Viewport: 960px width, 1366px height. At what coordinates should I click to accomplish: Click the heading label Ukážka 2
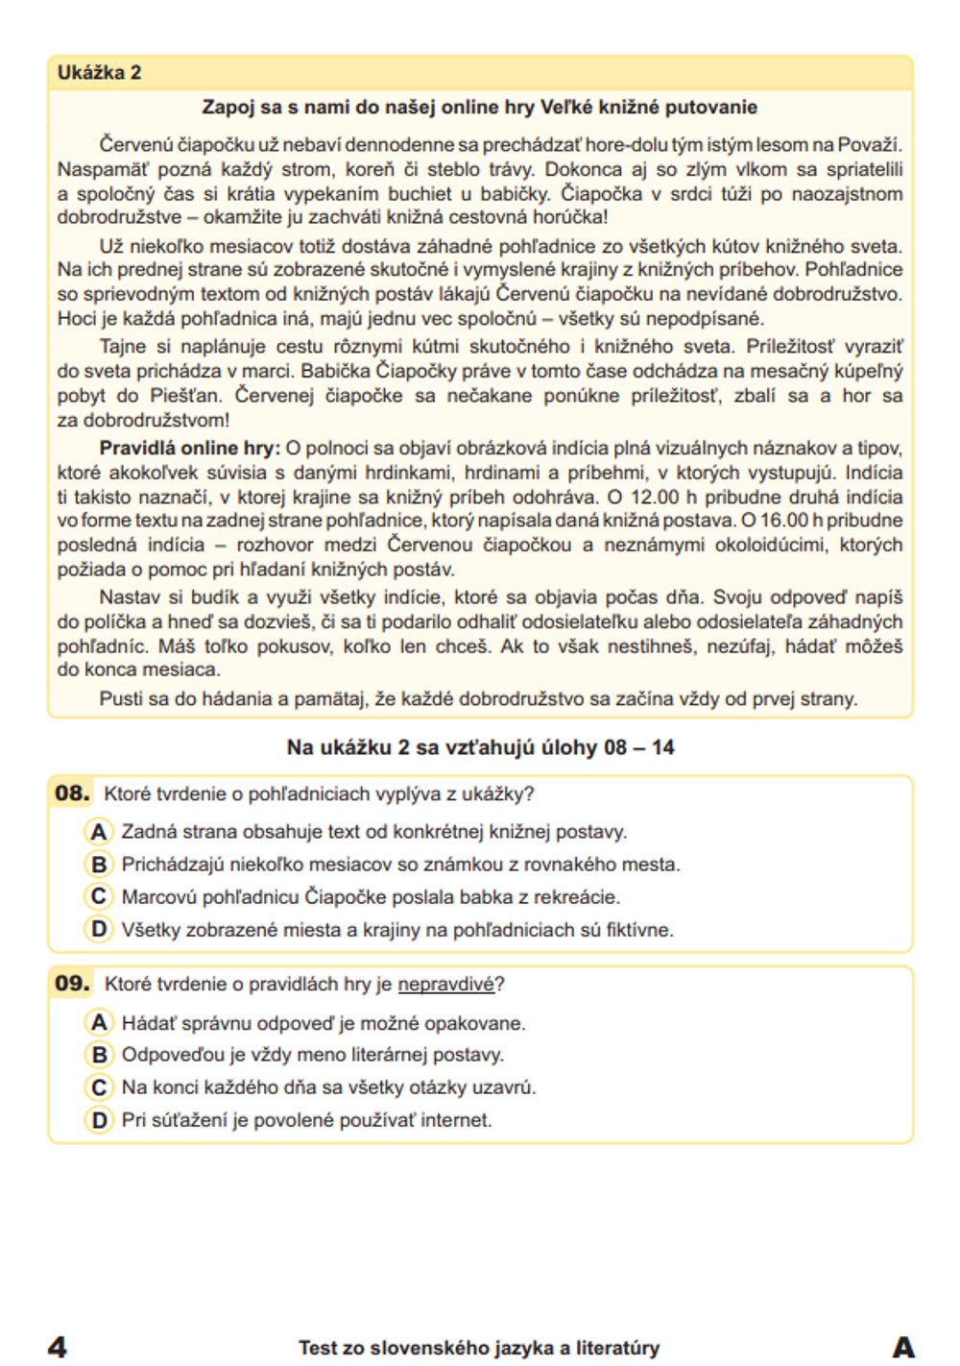pyautogui.click(x=99, y=72)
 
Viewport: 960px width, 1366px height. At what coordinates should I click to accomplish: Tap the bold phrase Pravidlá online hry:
pyautogui.click(x=189, y=448)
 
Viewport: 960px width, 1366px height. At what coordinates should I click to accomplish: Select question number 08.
pyautogui.click(x=72, y=793)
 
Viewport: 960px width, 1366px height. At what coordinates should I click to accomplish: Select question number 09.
pyautogui.click(x=72, y=984)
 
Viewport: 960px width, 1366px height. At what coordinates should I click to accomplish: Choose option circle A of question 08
pyautogui.click(x=99, y=832)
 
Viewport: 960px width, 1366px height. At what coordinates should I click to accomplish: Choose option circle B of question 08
pyautogui.click(x=99, y=865)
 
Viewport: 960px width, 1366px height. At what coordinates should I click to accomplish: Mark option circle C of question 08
pyautogui.click(x=99, y=897)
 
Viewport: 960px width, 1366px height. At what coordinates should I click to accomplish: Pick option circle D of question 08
pyautogui.click(x=99, y=930)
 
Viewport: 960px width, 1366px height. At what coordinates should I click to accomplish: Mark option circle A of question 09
pyautogui.click(x=99, y=1023)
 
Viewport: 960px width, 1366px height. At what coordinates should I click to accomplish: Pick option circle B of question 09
pyautogui.click(x=99, y=1055)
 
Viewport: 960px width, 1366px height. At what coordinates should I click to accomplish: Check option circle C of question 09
pyautogui.click(x=99, y=1087)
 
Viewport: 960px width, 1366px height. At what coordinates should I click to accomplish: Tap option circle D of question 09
pyautogui.click(x=99, y=1120)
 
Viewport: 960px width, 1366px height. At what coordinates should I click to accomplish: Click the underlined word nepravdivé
pyautogui.click(x=445, y=985)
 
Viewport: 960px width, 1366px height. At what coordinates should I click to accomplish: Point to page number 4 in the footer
pyautogui.click(x=58, y=1347)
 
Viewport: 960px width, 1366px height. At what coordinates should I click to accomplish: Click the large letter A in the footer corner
pyautogui.click(x=902, y=1347)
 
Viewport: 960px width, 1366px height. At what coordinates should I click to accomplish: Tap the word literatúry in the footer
pyautogui.click(x=612, y=1348)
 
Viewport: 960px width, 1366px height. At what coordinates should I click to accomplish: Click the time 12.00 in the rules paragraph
pyautogui.click(x=654, y=497)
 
